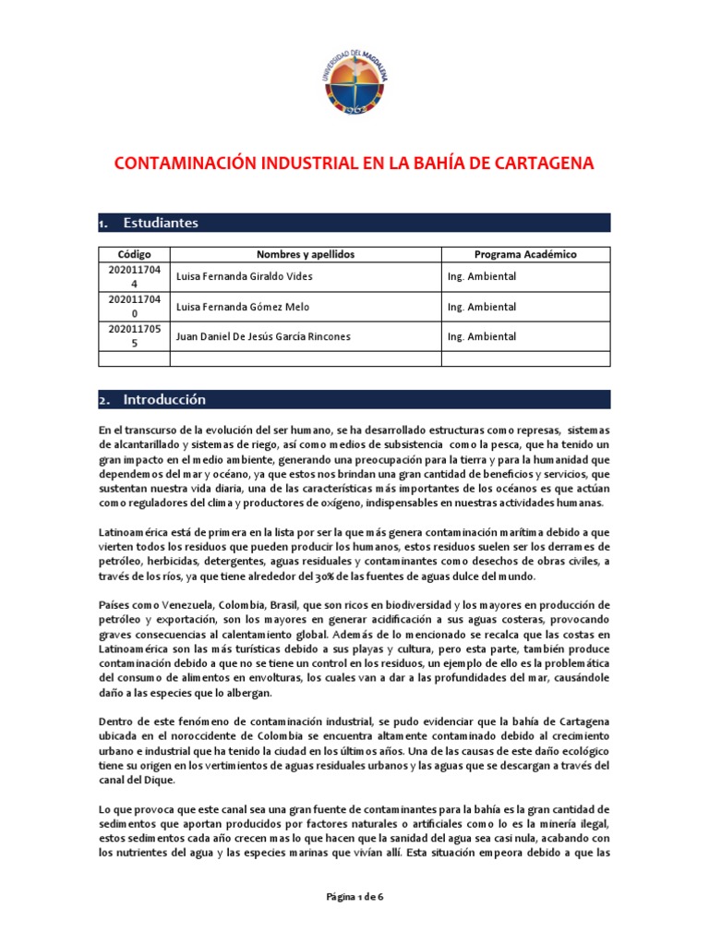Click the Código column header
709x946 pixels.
[x=134, y=254]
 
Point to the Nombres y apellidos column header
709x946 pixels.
[x=306, y=254]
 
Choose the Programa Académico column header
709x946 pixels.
[x=525, y=254]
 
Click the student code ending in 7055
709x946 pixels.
[x=135, y=336]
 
